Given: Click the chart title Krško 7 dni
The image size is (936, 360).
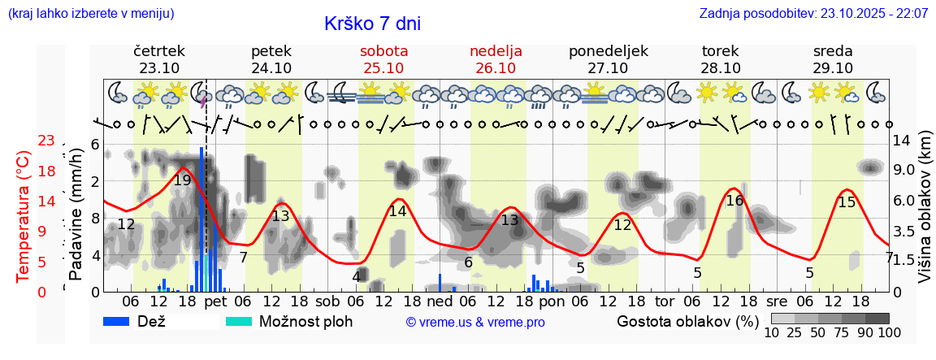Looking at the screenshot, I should (372, 24).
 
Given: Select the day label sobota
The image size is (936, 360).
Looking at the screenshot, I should (383, 51).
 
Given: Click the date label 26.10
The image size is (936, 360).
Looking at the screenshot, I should (496, 68).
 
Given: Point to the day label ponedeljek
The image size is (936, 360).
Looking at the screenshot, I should (609, 51).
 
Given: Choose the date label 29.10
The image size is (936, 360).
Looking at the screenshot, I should (833, 68).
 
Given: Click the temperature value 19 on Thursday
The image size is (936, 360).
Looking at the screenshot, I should (182, 180).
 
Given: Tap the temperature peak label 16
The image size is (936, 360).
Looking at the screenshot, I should (734, 201).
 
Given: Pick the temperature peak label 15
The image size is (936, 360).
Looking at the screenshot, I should (847, 202).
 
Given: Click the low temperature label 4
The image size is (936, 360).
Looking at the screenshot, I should (356, 276).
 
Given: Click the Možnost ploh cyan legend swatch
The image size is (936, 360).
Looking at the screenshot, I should (239, 321).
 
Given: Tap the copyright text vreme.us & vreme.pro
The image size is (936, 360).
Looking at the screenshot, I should (475, 323).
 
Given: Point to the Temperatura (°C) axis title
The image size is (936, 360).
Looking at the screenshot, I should (24, 215).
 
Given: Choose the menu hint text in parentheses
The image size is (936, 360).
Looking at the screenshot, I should (90, 14).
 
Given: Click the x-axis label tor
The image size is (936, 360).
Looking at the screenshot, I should (665, 301).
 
